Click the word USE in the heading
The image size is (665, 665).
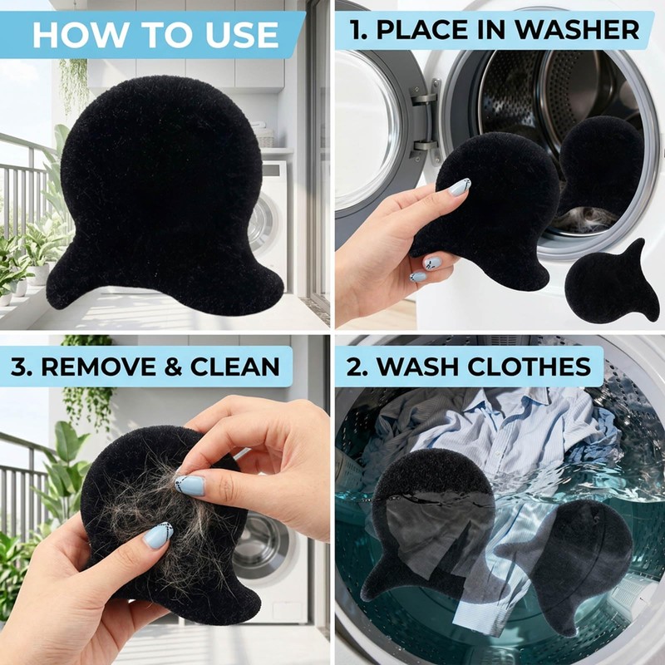point(242,34)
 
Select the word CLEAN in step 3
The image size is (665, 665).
point(235,367)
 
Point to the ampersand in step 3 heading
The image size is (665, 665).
point(173,367)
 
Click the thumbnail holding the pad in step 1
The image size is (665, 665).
point(459,187)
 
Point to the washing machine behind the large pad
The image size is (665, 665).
point(269,220)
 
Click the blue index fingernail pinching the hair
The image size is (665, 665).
point(190,485)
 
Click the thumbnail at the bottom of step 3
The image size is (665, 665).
point(158,535)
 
